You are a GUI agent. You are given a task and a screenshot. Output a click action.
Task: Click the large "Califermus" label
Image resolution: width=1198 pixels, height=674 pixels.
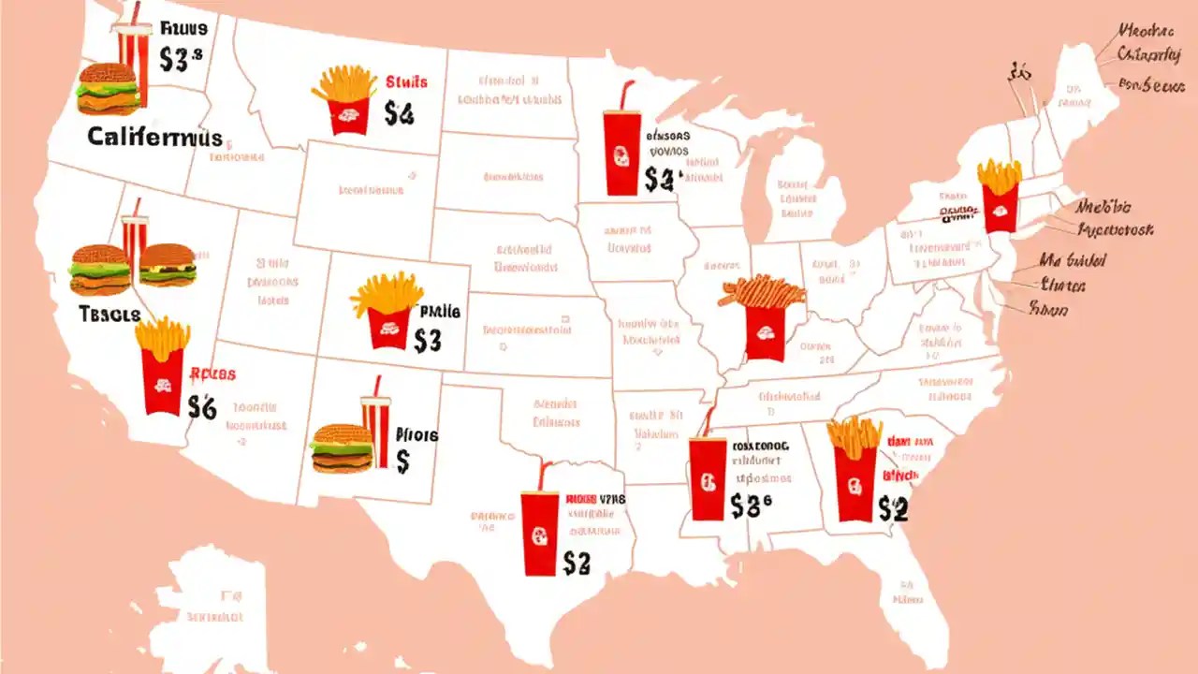154,138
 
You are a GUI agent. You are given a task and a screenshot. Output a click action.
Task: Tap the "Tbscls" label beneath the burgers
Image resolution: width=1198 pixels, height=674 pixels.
110,315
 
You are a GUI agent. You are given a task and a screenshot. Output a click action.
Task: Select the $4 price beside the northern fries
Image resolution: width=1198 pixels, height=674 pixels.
398,114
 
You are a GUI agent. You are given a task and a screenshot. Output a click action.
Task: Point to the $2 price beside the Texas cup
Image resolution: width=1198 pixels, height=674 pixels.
577,562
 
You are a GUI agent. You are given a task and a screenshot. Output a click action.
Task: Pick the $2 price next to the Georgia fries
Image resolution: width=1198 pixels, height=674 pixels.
893,508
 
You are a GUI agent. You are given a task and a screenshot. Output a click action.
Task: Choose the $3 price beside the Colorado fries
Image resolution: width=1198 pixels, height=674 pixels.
427,341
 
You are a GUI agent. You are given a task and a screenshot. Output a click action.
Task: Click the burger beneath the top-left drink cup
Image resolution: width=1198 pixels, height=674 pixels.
108,88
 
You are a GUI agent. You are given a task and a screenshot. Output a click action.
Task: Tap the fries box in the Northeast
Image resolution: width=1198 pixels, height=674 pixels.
1000,195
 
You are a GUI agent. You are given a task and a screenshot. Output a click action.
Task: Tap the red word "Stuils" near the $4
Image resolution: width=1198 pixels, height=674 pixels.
405,82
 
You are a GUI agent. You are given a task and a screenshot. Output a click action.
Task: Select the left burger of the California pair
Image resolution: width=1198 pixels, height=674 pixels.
99,270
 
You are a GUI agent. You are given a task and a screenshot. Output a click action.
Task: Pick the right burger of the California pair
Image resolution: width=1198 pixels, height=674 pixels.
168,265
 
